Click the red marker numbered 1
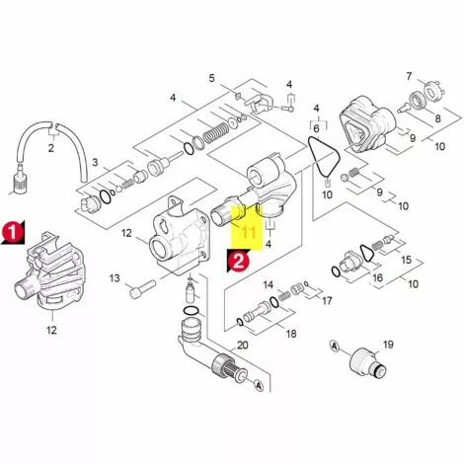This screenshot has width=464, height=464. click(11, 230)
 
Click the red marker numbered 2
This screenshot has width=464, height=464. click(237, 261)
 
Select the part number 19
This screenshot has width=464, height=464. click(388, 344)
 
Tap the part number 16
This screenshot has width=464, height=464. click(377, 279)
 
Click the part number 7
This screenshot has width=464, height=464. click(408, 76)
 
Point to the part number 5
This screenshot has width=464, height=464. click(211, 77)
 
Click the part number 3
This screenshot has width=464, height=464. click(95, 161)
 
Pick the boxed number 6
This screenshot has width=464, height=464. click(317, 128)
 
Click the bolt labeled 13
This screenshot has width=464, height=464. click(143, 286)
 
